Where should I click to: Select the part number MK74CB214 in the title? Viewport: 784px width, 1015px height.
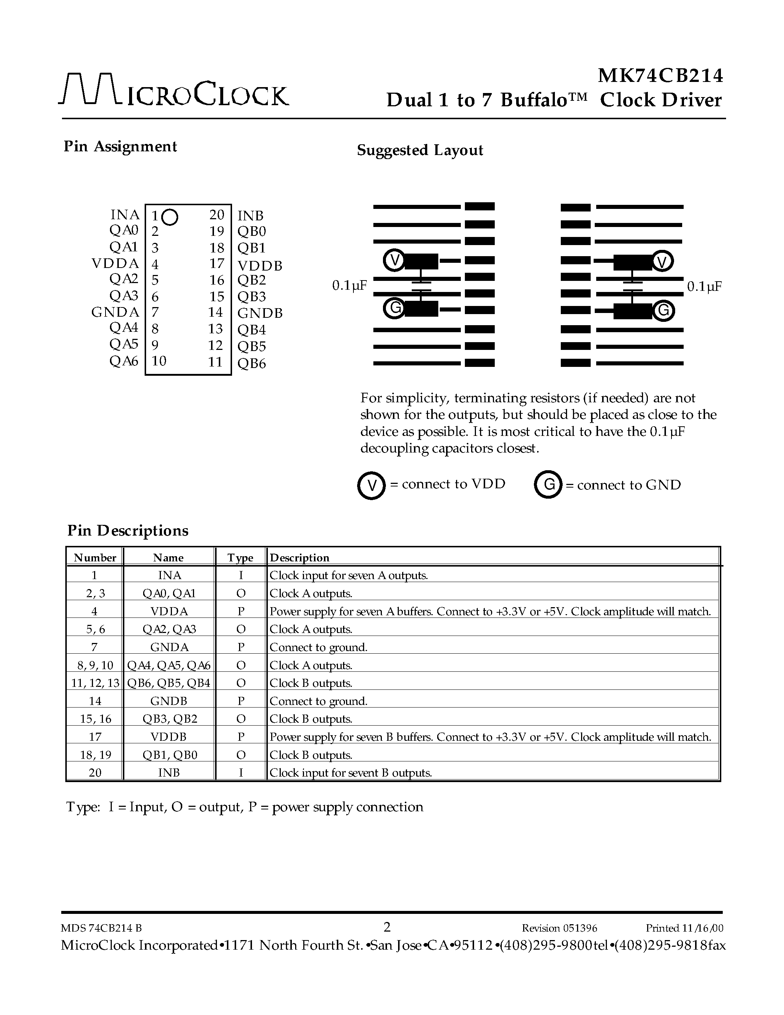[x=660, y=76]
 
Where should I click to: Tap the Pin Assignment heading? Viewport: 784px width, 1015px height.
[x=120, y=147]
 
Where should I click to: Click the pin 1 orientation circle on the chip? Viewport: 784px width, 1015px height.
[x=170, y=217]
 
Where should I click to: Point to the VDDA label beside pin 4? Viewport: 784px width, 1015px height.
[x=115, y=264]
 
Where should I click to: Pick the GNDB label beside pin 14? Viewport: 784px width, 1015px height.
[x=260, y=313]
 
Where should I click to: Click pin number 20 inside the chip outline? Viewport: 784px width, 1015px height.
[x=217, y=215]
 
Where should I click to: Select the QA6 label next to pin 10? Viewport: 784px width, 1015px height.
[x=124, y=361]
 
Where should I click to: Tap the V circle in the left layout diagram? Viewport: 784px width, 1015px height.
[x=394, y=260]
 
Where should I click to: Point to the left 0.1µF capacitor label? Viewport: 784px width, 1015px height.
[x=349, y=286]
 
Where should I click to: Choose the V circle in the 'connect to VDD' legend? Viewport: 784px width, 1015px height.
[x=372, y=486]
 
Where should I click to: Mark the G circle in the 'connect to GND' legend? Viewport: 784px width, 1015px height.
[x=549, y=485]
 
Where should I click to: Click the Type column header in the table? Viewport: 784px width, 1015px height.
[x=240, y=558]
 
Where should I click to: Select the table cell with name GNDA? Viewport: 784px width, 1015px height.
[x=169, y=647]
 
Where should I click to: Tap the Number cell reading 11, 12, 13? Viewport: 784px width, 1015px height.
[x=95, y=683]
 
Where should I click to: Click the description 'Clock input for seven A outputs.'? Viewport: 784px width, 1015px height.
[x=349, y=575]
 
